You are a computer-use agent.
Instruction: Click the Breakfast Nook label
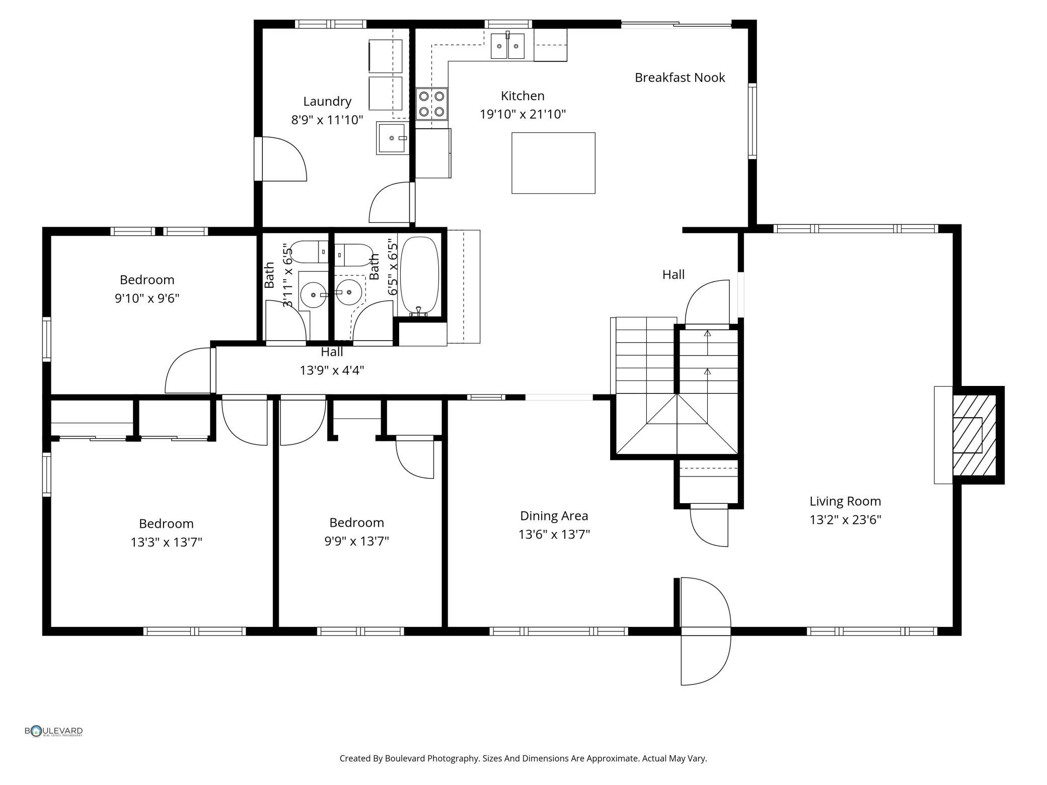click(679, 77)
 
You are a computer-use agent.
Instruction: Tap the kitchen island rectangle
click(553, 163)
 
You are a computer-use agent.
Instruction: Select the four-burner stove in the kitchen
click(431, 104)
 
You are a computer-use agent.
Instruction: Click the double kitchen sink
click(507, 46)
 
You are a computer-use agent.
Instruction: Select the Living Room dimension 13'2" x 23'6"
click(845, 520)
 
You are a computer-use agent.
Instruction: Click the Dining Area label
click(553, 516)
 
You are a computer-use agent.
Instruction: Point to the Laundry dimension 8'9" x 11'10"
click(327, 120)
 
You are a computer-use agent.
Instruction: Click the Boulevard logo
click(54, 731)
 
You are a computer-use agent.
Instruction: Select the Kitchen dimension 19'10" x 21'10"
click(522, 114)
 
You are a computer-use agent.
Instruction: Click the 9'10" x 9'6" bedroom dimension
click(146, 298)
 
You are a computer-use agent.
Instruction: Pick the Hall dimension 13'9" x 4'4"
click(331, 370)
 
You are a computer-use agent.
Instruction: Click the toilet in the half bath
click(308, 252)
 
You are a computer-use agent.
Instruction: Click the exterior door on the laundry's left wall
click(282, 159)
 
